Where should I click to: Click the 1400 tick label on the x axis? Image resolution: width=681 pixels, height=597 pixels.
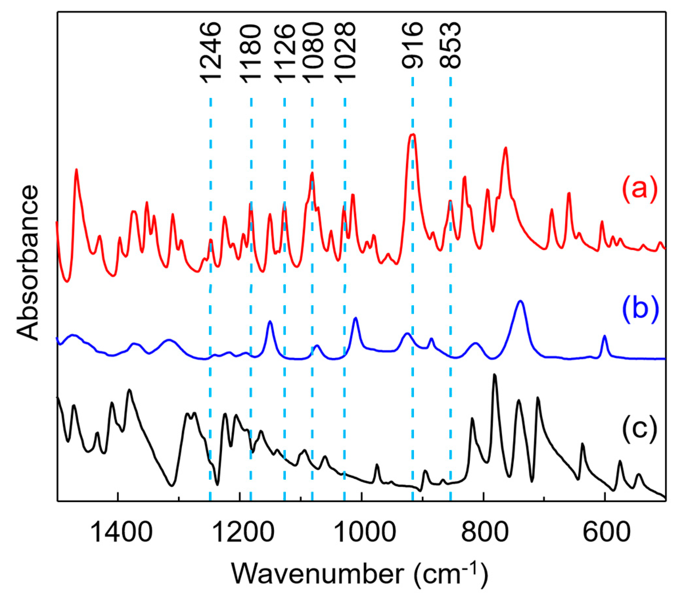tap(121, 532)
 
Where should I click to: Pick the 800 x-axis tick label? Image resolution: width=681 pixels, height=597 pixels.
tap(485, 532)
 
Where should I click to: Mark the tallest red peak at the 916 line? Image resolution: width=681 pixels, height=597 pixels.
tap(413, 135)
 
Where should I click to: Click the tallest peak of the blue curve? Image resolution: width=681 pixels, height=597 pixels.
tap(520, 301)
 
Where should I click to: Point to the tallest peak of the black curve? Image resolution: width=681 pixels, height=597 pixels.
tap(494, 376)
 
